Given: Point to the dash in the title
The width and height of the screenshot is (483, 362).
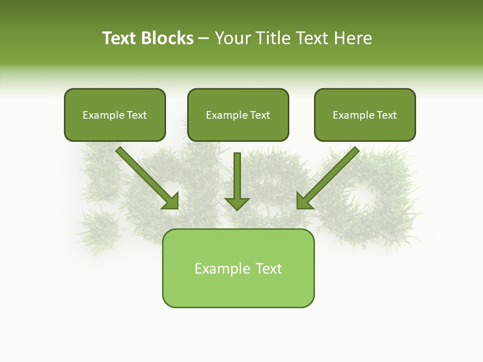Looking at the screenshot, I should tap(204, 39).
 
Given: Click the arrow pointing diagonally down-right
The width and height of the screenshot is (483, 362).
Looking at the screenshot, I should tap(146, 177).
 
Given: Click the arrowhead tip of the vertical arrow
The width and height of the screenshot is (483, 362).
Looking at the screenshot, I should tap(237, 209).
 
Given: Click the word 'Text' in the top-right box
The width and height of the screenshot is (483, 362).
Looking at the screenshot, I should tap(386, 115).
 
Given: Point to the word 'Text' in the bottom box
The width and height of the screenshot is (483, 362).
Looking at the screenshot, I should tap(268, 268).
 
